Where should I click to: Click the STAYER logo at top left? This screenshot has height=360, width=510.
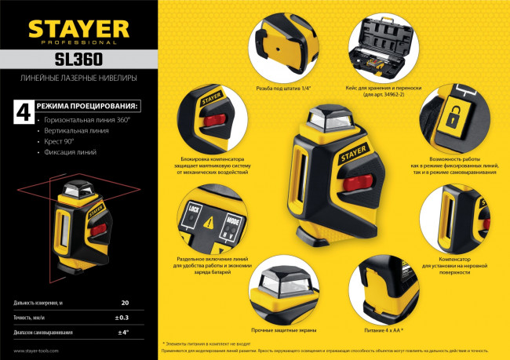[78, 29]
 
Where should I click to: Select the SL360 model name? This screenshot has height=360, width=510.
[78, 60]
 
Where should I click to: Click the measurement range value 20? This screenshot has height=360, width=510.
[125, 302]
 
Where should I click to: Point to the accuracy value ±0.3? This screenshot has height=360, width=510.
[122, 317]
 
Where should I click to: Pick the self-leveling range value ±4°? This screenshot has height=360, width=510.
[122, 333]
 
